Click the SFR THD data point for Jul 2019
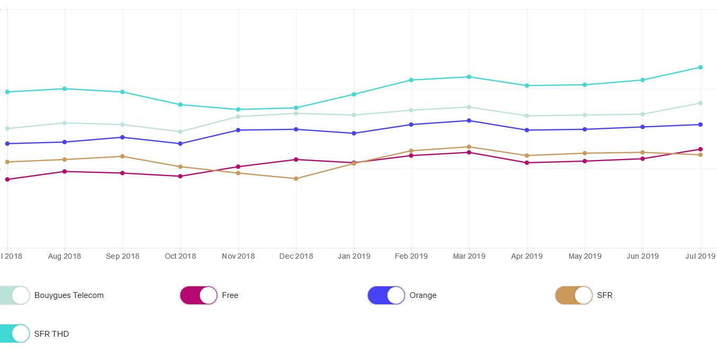[x=701, y=67]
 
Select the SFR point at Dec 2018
[x=296, y=179]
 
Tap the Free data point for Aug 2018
[x=65, y=171]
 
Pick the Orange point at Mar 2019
[x=469, y=120]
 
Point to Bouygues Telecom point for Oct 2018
[x=180, y=131]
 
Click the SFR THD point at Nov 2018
[x=238, y=109]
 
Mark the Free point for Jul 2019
[x=701, y=149]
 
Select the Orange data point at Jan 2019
[x=354, y=133]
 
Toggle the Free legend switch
[x=199, y=295]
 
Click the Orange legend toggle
[x=386, y=295]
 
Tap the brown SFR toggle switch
[x=573, y=295]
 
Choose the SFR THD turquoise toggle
[x=14, y=333]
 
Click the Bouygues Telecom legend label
[x=69, y=295]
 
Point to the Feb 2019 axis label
[x=411, y=256]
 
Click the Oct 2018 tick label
[x=180, y=256]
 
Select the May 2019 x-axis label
[x=585, y=256]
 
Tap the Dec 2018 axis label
[x=296, y=256]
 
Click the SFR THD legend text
[x=51, y=334]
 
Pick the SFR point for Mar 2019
[x=469, y=147]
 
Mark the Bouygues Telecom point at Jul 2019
[x=701, y=103]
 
